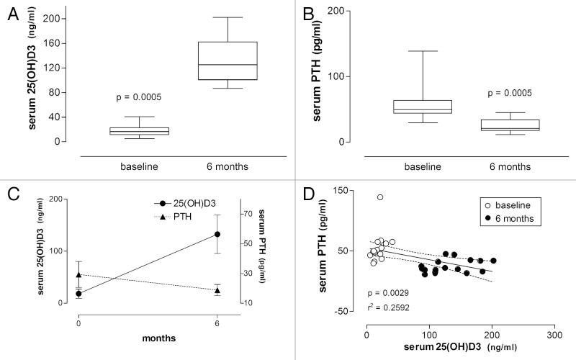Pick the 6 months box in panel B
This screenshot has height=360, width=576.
(x=513, y=125)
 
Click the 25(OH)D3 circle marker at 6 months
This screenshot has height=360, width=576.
(x=216, y=234)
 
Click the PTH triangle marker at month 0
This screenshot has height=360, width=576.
(x=78, y=274)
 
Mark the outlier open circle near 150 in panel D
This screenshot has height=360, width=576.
(x=380, y=197)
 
